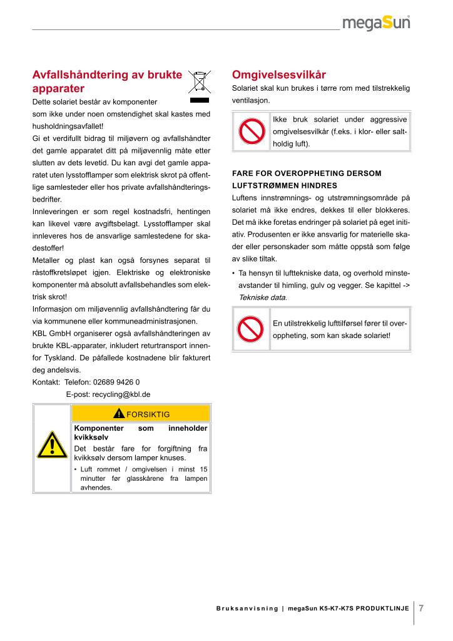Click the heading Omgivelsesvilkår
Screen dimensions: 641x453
(270, 74)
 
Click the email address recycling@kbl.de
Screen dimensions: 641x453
(108, 394)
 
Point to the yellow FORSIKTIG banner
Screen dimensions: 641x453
(141, 414)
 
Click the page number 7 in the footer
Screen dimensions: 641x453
(422, 608)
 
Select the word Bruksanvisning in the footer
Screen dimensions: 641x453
(247, 608)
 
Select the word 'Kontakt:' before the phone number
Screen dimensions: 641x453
(46, 382)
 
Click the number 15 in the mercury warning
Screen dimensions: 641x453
(203, 469)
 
